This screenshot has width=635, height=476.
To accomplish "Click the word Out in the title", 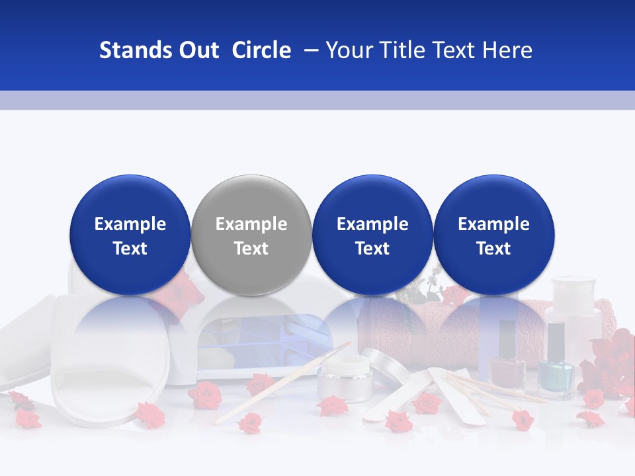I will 197,50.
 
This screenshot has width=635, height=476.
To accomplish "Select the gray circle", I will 251,235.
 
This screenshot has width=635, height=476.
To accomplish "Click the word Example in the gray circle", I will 251,224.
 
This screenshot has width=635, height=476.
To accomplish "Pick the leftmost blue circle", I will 130,235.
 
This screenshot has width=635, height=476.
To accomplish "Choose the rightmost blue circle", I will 494,235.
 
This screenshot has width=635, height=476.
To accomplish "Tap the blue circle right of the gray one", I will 372,235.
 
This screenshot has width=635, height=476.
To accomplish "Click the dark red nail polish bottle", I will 507,360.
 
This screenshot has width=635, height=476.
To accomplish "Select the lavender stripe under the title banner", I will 317,100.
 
